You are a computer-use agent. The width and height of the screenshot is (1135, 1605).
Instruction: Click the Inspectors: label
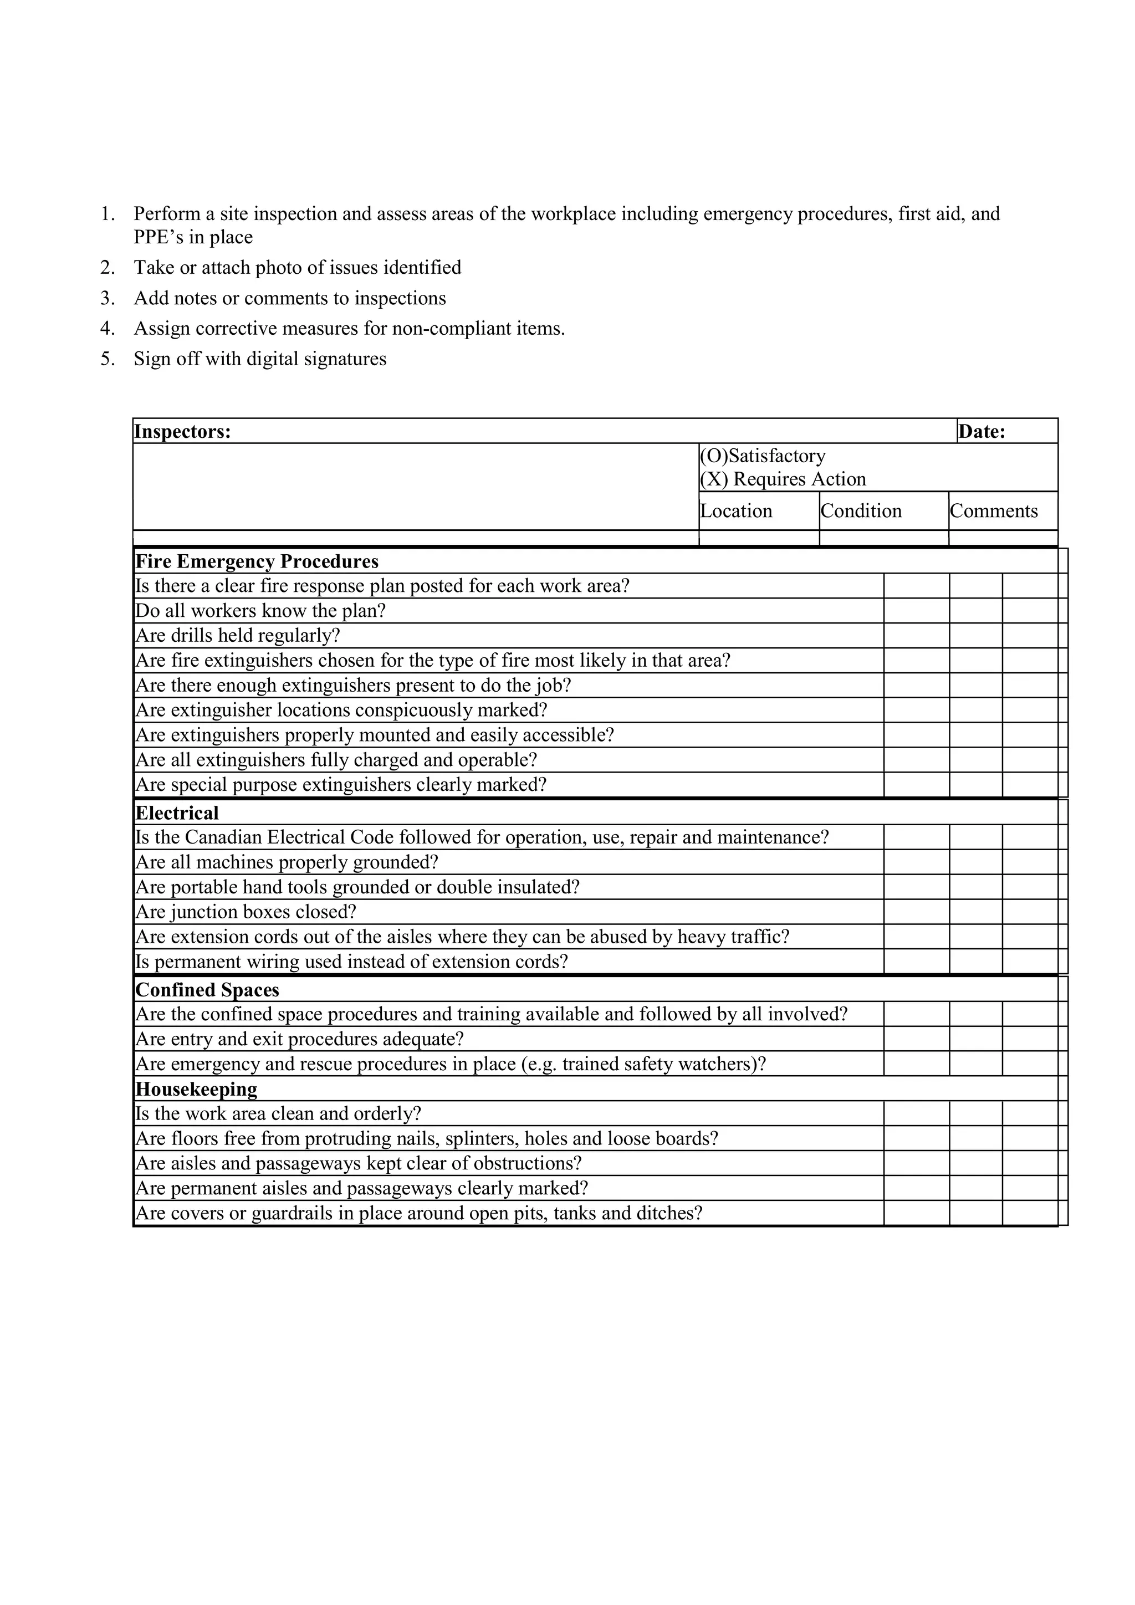tap(182, 432)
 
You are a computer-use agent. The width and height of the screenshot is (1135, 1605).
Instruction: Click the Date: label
tap(981, 432)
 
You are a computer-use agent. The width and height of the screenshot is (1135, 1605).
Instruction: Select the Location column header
tap(736, 511)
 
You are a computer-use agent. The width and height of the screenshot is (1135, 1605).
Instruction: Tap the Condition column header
tap(861, 511)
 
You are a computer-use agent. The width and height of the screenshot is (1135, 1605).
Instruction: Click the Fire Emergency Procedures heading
tap(257, 562)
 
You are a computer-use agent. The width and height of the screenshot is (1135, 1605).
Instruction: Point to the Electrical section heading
tap(177, 813)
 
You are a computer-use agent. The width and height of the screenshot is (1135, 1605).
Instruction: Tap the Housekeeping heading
tap(196, 1089)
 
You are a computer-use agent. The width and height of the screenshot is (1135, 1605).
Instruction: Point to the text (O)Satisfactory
tap(763, 456)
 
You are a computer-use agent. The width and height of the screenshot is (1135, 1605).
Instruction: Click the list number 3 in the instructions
tap(107, 299)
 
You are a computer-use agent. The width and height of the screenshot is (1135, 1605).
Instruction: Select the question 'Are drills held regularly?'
tap(238, 636)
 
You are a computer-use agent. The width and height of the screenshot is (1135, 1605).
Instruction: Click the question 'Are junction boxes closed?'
tap(246, 912)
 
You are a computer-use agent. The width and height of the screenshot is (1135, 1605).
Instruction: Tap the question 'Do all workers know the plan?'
tap(260, 611)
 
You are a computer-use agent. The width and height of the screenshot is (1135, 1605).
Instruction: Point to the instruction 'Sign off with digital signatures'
tap(260, 359)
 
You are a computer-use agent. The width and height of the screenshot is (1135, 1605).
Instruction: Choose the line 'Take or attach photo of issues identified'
tap(298, 268)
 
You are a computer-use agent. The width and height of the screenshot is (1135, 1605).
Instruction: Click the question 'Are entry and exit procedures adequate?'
tap(300, 1040)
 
